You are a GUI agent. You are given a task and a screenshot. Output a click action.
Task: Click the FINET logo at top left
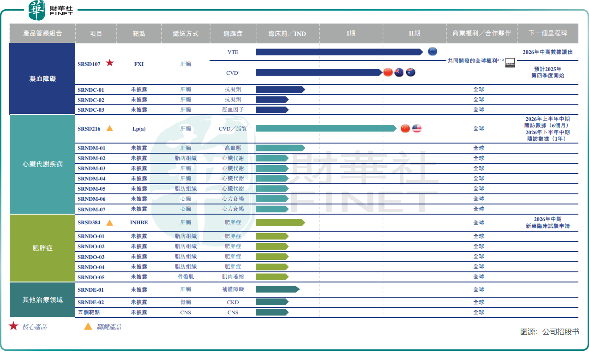[x=51, y=10]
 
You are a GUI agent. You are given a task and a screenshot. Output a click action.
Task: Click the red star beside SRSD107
[x=109, y=63]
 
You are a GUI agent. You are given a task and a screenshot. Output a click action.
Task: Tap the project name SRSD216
[x=89, y=129]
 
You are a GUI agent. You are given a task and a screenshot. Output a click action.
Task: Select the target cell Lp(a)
[x=138, y=129]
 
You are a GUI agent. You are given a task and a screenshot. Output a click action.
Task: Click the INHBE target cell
[x=138, y=222]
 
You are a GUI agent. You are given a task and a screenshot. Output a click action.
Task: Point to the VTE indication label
[x=233, y=52]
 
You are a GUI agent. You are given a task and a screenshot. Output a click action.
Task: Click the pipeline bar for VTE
[x=339, y=52]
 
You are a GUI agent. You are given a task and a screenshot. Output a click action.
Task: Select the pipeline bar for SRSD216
[x=325, y=128]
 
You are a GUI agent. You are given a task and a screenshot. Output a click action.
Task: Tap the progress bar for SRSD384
[x=280, y=222]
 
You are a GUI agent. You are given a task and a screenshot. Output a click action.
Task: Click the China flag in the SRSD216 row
[x=405, y=128]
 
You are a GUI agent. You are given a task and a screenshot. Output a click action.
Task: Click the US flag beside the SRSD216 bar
[x=417, y=128]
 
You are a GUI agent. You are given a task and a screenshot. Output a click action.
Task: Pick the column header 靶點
[x=138, y=34]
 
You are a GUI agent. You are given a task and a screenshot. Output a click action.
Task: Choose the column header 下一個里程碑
[x=547, y=34]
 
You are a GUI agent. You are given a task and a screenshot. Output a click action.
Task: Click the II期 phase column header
[x=414, y=34]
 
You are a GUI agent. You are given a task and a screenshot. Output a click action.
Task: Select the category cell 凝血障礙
[x=42, y=79]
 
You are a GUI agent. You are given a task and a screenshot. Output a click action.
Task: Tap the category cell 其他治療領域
[x=42, y=300]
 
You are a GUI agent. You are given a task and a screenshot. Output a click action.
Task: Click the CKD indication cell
[x=233, y=302]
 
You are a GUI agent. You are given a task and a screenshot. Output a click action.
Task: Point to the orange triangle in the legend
[x=88, y=326]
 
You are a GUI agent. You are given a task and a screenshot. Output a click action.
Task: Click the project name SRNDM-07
[x=91, y=210]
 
